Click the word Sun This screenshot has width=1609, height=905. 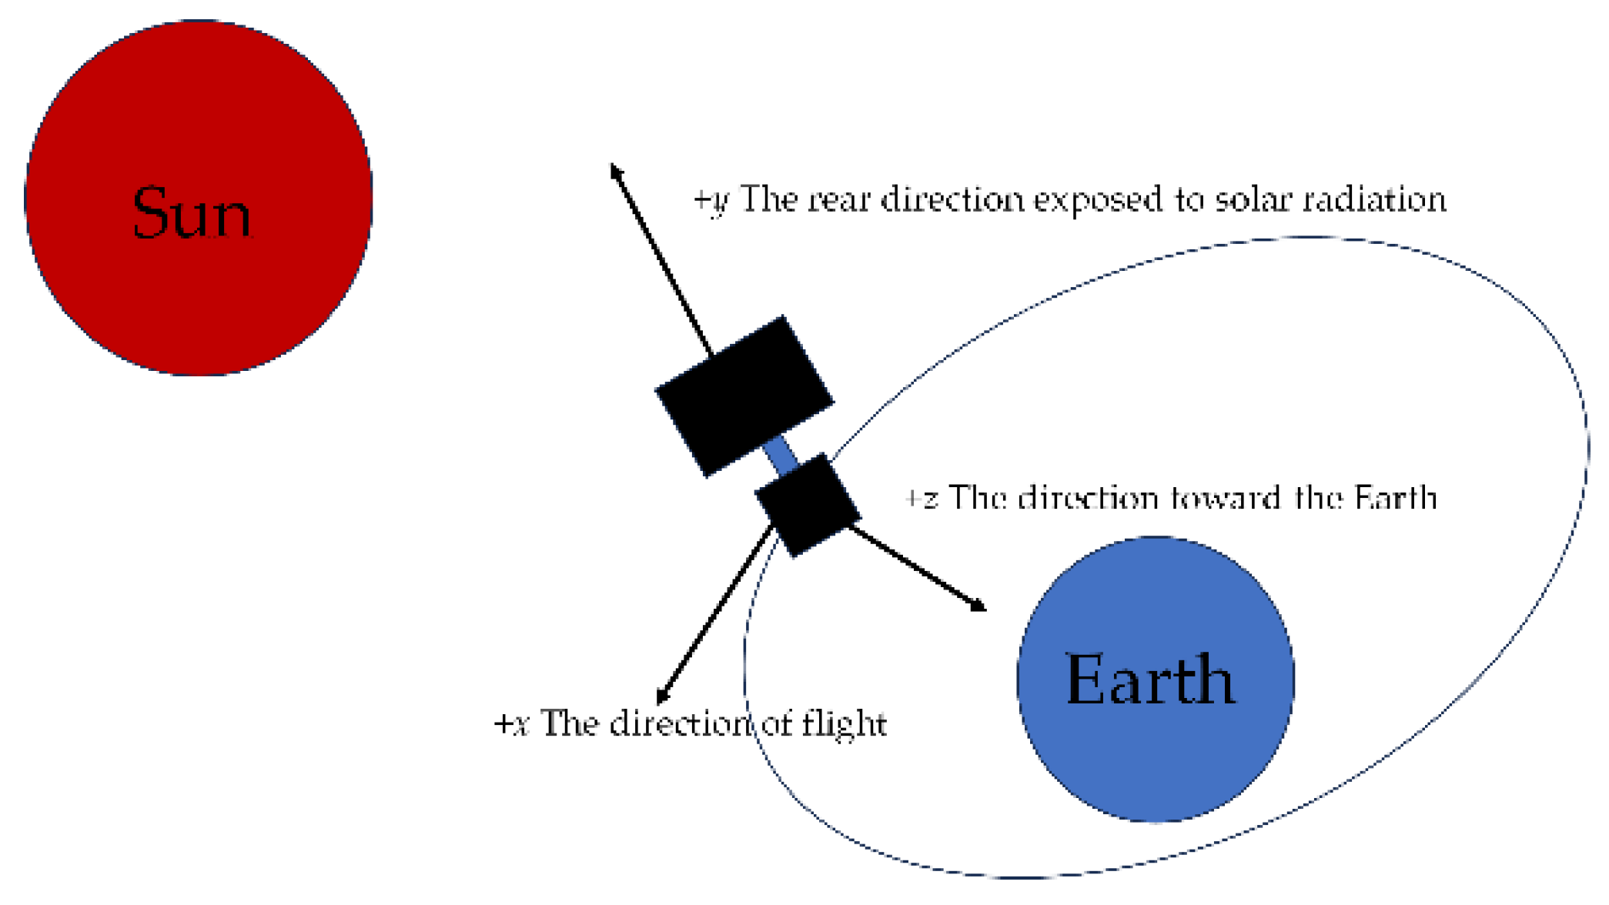click(x=192, y=213)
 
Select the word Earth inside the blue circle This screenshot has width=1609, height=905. click(x=1150, y=680)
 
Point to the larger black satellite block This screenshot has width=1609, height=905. click(x=744, y=396)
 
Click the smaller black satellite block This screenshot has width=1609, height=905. click(x=808, y=504)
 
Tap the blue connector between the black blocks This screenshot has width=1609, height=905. click(x=781, y=454)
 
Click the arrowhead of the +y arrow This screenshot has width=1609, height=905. click(x=614, y=169)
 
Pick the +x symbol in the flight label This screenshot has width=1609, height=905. click(x=511, y=724)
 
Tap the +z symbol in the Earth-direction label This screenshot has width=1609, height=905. click(x=922, y=499)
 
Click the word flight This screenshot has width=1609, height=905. click(x=845, y=724)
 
